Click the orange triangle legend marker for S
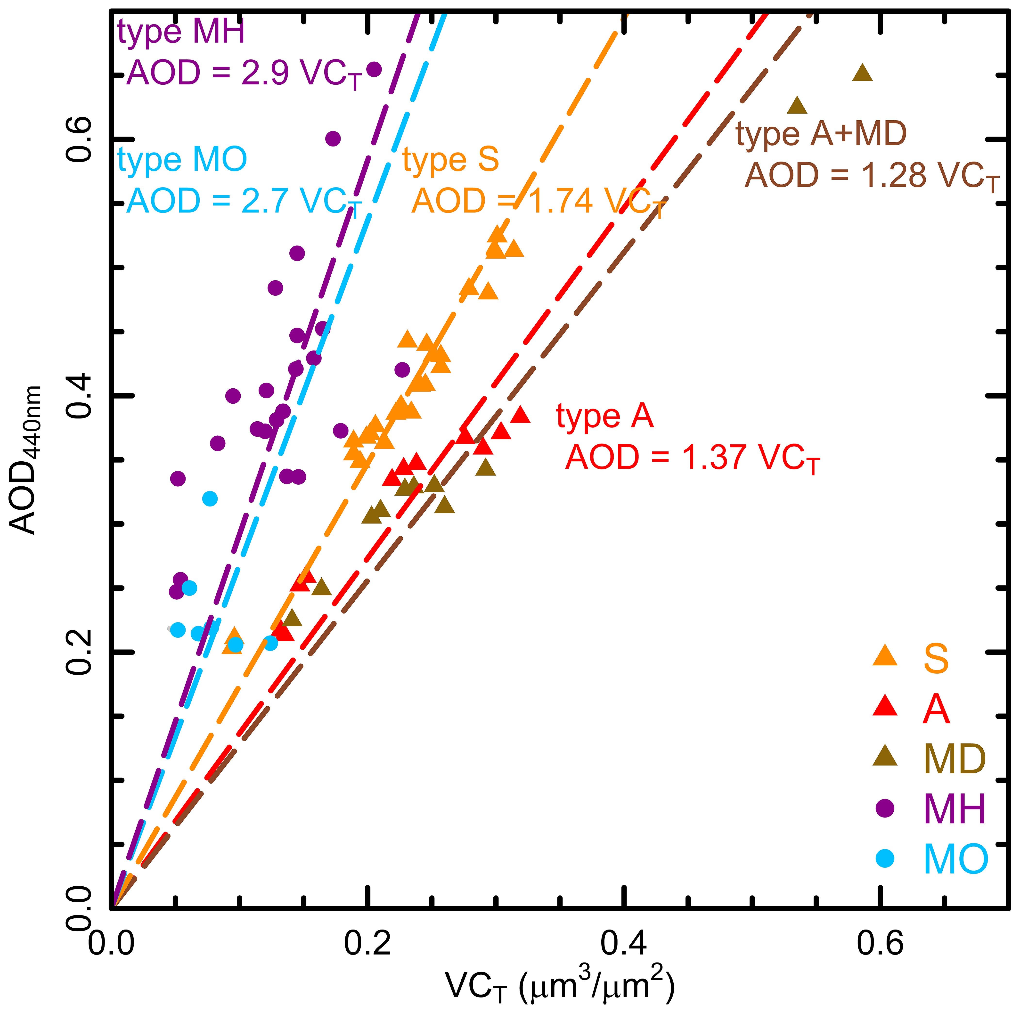(x=885, y=656)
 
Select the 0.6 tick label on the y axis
(x=79, y=139)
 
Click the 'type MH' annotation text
(x=181, y=32)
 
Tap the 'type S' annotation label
(x=450, y=159)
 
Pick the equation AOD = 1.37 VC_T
(x=692, y=458)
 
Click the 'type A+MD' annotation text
(x=821, y=134)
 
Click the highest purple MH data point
(x=374, y=69)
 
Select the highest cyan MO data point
(x=210, y=498)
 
